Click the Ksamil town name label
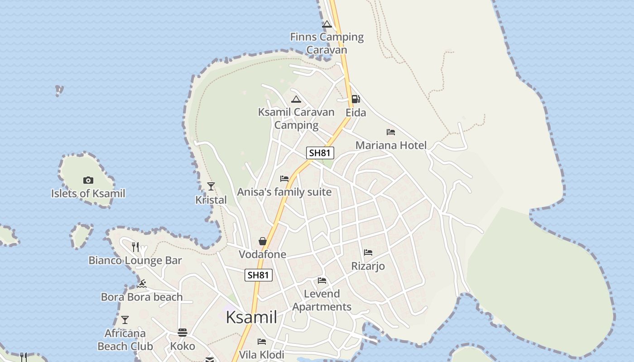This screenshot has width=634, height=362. (251, 317)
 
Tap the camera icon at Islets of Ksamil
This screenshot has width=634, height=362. (88, 180)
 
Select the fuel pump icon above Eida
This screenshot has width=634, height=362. (356, 99)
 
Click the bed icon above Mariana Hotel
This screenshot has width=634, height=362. (391, 132)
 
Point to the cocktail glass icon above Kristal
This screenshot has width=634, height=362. (211, 186)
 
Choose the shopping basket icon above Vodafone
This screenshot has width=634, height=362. (263, 241)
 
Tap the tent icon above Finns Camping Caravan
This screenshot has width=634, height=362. (327, 24)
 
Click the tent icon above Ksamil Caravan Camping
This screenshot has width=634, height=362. (296, 99)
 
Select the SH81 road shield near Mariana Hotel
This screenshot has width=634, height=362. (320, 153)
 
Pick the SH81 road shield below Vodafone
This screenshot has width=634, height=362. (259, 275)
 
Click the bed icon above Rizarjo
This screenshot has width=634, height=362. (368, 252)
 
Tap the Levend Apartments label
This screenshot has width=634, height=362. (322, 300)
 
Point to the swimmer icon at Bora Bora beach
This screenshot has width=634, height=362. (142, 284)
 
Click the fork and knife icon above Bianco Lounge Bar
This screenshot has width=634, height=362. (135, 247)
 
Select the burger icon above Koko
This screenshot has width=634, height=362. (183, 333)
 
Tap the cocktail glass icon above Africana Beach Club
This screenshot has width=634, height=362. (125, 320)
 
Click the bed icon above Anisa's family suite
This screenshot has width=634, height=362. (284, 179)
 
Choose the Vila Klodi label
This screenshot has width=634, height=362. (262, 354)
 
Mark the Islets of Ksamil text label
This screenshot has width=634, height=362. (88, 194)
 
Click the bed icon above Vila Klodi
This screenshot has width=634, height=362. (262, 342)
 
